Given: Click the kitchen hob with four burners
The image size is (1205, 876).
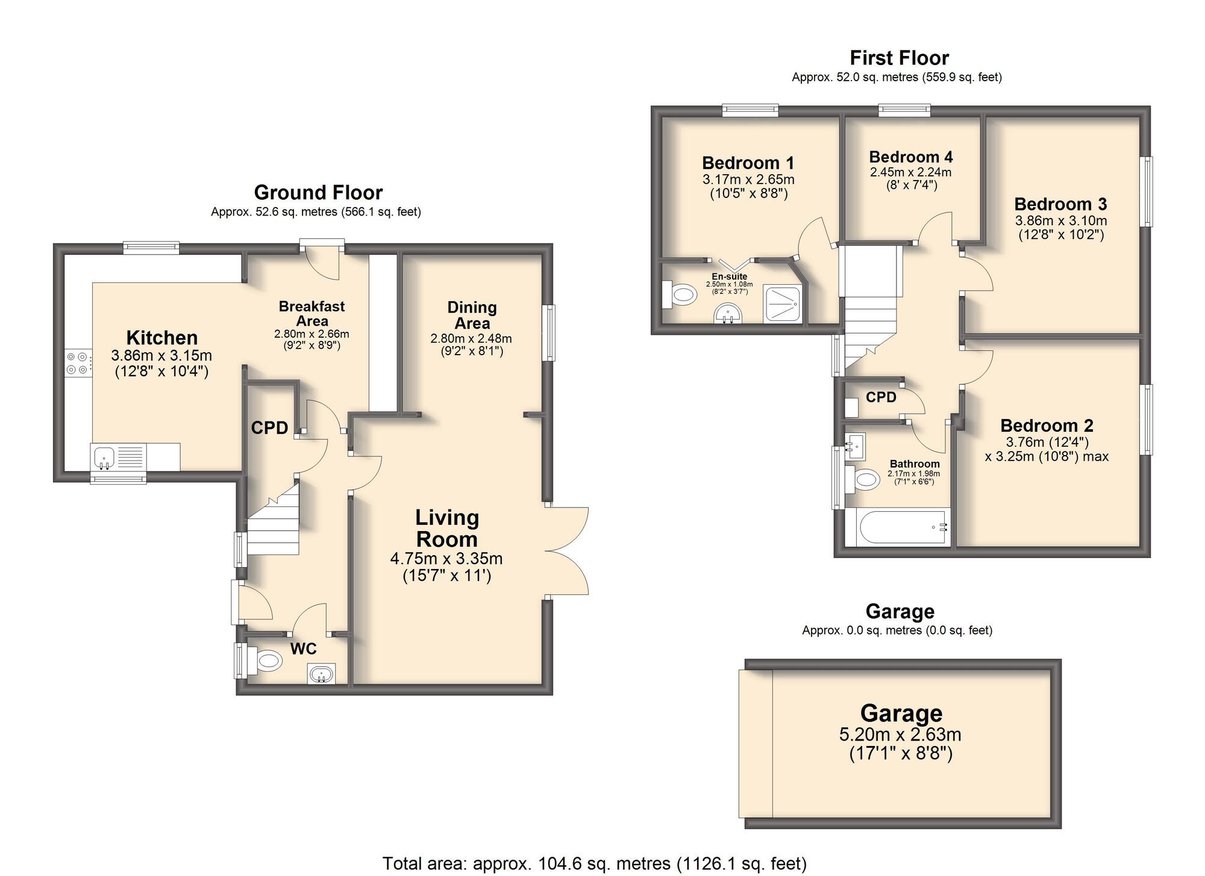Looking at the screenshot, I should (79, 363).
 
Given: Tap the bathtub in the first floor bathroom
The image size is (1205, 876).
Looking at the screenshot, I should (897, 527).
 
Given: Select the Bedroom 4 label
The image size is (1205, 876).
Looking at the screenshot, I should (910, 157).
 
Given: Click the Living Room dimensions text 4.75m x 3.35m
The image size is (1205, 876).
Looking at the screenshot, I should (446, 559).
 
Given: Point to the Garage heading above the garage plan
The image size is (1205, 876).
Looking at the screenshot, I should (900, 612).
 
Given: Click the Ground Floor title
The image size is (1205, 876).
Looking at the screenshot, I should (318, 193).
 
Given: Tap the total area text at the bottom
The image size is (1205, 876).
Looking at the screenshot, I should (594, 863).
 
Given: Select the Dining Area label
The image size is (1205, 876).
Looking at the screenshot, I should (472, 315).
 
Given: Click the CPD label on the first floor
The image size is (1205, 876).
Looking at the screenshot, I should (881, 397).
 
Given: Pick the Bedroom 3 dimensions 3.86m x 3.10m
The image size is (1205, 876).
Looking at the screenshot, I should (1060, 221).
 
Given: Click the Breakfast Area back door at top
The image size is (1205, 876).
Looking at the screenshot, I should (322, 259).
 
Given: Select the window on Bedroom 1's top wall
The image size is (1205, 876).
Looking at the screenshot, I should (750, 110).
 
